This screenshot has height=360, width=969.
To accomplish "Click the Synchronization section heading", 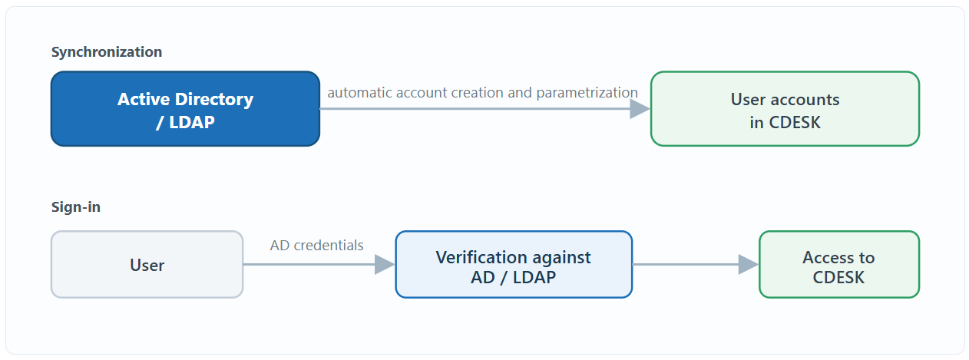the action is [107, 52].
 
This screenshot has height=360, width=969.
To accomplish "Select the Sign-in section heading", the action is [76, 206].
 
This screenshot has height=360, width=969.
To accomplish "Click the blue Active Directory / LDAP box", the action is [185, 108].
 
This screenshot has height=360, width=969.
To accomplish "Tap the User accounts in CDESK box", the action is [785, 108].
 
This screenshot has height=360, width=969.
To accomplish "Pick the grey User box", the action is [147, 264].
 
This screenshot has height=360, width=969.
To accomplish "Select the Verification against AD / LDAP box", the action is [514, 264].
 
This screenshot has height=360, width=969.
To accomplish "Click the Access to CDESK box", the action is [838, 264].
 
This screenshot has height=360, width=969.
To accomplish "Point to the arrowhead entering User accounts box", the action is [640, 108].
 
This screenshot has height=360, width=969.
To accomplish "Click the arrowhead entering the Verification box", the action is [385, 264].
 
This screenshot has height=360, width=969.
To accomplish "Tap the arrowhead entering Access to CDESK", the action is [749, 264].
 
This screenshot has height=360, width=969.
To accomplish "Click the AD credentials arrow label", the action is [316, 246].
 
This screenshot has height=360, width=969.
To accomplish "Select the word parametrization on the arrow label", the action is [587, 93].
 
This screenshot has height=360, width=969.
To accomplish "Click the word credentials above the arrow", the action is [329, 246].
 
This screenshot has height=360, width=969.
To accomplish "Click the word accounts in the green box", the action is [805, 100].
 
